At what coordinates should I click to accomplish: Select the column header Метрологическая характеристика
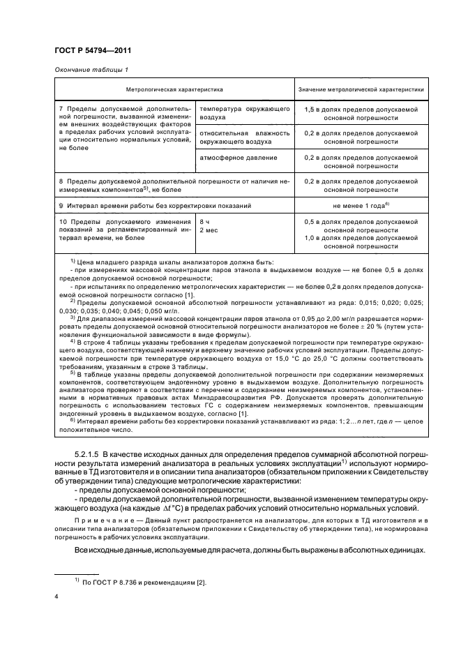click(174, 91)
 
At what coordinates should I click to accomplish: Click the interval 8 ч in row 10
click(205, 222)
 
